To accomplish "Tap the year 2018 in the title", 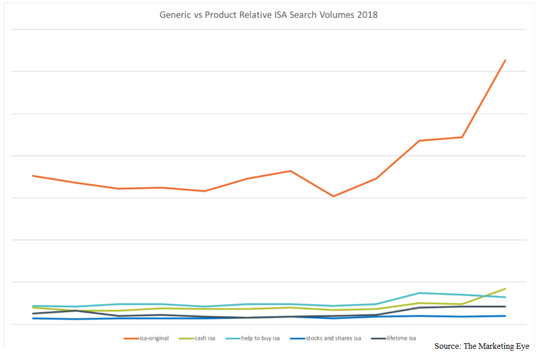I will pyautogui.click(x=367, y=15).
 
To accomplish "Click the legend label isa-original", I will pyautogui.click(x=154, y=338).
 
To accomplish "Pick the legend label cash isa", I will pyautogui.click(x=205, y=338).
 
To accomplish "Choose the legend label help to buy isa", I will pyautogui.click(x=260, y=338).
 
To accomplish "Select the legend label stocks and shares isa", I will pyautogui.click(x=333, y=338).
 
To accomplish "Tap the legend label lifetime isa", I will pyautogui.click(x=401, y=338).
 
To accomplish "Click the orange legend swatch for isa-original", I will pyautogui.click(x=131, y=338).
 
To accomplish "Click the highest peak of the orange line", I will pyautogui.click(x=505, y=61).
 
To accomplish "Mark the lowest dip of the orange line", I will pyautogui.click(x=333, y=196).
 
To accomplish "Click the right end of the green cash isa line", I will pyautogui.click(x=505, y=289).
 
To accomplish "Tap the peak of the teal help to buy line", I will pyautogui.click(x=419, y=293).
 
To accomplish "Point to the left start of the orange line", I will pyautogui.click(x=33, y=176).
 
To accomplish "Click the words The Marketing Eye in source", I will pyautogui.click(x=496, y=346).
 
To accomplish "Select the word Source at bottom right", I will pyautogui.click(x=446, y=346).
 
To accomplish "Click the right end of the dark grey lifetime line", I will pyautogui.click(x=505, y=307).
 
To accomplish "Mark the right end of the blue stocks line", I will pyautogui.click(x=505, y=316).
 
